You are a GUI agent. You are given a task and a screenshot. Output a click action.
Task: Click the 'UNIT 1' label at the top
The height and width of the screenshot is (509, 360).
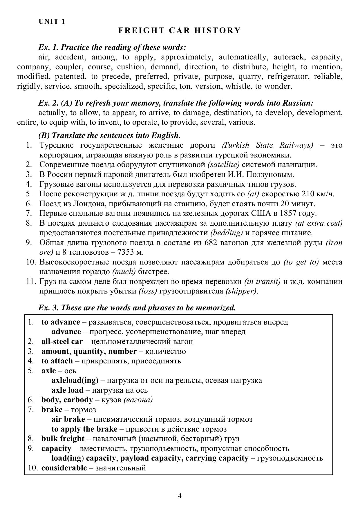click(52, 21)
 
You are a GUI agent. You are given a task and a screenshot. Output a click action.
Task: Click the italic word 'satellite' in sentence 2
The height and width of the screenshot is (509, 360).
click(224, 165)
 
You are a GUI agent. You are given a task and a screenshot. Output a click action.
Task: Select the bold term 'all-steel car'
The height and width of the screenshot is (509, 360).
click(62, 341)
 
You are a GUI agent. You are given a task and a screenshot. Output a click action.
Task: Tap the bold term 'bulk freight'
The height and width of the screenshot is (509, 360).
click(63, 439)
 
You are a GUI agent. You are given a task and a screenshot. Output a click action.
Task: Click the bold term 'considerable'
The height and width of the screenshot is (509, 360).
click(64, 468)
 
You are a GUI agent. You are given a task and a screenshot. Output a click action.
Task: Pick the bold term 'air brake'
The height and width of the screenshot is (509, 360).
click(68, 419)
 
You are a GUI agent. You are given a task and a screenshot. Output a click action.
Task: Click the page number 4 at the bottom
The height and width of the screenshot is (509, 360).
click(180, 496)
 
